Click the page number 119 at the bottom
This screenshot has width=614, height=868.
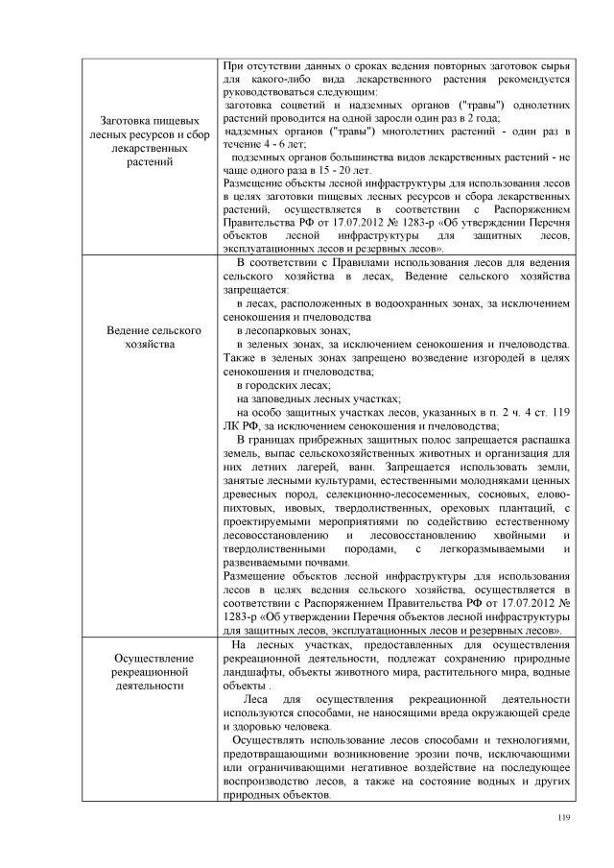pyautogui.click(x=563, y=816)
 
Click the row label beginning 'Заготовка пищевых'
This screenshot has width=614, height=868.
pyautogui.click(x=149, y=140)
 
